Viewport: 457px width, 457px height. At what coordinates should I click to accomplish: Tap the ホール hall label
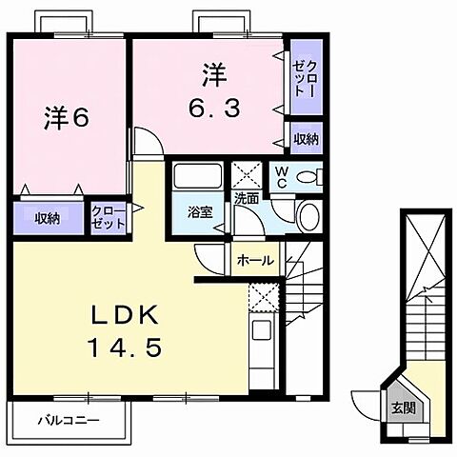255,260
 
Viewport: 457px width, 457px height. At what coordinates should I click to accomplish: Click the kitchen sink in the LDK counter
260,333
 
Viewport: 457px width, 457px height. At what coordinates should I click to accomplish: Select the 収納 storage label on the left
48,218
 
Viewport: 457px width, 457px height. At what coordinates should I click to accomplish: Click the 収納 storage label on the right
306,138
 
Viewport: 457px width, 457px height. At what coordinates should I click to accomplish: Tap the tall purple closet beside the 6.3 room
306,79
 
